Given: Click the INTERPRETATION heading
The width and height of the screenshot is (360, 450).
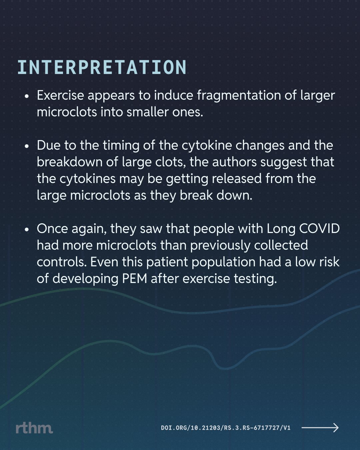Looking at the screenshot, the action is (102, 67).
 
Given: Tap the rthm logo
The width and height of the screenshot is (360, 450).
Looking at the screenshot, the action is (34, 428).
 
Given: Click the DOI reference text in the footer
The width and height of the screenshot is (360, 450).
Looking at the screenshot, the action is (226, 428).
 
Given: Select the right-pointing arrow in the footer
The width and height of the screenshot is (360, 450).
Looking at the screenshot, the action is (320, 428).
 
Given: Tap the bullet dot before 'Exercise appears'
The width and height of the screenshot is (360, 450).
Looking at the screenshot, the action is (26, 97).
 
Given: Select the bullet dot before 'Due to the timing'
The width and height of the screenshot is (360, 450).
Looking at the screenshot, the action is (26, 146).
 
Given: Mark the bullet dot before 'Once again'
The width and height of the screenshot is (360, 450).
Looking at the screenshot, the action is (26, 230).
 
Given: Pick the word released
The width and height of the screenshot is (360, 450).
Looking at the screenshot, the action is (237, 179).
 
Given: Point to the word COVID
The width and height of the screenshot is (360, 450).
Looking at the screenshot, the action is (319, 229).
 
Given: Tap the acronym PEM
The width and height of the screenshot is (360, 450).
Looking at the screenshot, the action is (135, 279).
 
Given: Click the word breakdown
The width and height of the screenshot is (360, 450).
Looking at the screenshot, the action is (70, 162).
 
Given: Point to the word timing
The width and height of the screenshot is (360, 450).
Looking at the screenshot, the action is (121, 146).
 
